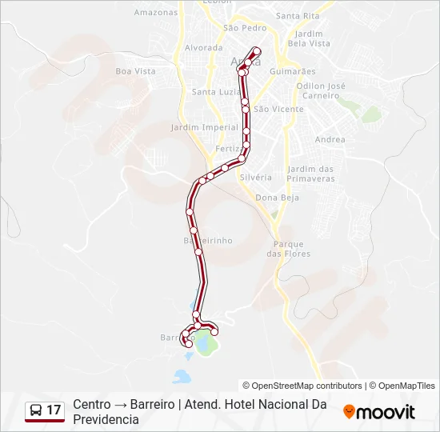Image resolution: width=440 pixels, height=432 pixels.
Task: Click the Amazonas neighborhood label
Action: click(x=156, y=13)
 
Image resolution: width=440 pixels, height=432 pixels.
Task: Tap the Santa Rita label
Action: click(x=297, y=16)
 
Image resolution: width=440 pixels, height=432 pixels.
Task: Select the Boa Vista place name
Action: click(x=135, y=71)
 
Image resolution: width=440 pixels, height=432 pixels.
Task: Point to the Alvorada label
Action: click(x=203, y=48)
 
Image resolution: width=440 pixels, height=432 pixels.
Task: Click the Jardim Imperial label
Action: click(x=194, y=127)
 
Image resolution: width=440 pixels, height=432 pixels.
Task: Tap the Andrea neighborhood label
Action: click(x=330, y=140)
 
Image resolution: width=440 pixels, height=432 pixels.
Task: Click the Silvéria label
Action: click(x=255, y=177)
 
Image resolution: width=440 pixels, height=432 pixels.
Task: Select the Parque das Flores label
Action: click(x=288, y=249)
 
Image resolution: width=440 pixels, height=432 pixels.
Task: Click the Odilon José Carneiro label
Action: click(x=320, y=90)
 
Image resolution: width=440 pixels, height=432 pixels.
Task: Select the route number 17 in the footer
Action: click(x=54, y=410)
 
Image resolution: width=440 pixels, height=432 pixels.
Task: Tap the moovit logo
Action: click(x=379, y=412)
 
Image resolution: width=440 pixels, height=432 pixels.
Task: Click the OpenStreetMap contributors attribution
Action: click(x=302, y=386)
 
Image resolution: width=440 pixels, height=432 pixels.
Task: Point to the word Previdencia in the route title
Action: click(x=106, y=419)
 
